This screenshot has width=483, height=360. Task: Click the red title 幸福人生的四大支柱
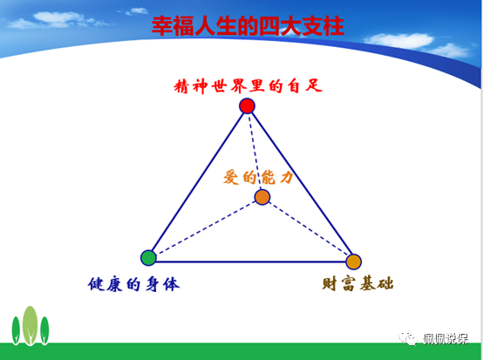[248, 26]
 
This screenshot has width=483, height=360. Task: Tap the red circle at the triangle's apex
[247, 106]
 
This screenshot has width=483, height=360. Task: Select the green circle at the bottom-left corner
[148, 258]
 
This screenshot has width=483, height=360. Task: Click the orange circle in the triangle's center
[262, 197]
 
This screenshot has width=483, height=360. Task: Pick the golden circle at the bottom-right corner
[353, 262]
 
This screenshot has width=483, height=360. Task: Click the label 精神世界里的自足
[248, 85]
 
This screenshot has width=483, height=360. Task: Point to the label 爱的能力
[258, 177]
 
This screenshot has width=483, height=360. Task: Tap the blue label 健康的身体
[133, 284]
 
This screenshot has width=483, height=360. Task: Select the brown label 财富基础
[357, 283]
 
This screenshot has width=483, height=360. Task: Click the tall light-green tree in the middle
[31, 325]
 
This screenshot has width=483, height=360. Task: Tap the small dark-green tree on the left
[16, 330]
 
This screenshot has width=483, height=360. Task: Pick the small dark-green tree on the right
[44, 330]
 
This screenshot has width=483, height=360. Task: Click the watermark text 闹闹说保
[446, 339]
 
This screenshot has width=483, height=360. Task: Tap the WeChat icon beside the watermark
[408, 339]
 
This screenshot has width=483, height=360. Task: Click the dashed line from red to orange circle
[255, 152]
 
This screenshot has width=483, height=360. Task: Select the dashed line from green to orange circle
[206, 228]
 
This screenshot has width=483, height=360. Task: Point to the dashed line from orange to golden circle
[308, 229]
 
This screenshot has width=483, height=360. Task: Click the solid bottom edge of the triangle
[251, 262]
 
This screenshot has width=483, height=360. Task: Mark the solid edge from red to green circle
[197, 182]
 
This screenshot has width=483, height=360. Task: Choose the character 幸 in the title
[161, 26]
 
